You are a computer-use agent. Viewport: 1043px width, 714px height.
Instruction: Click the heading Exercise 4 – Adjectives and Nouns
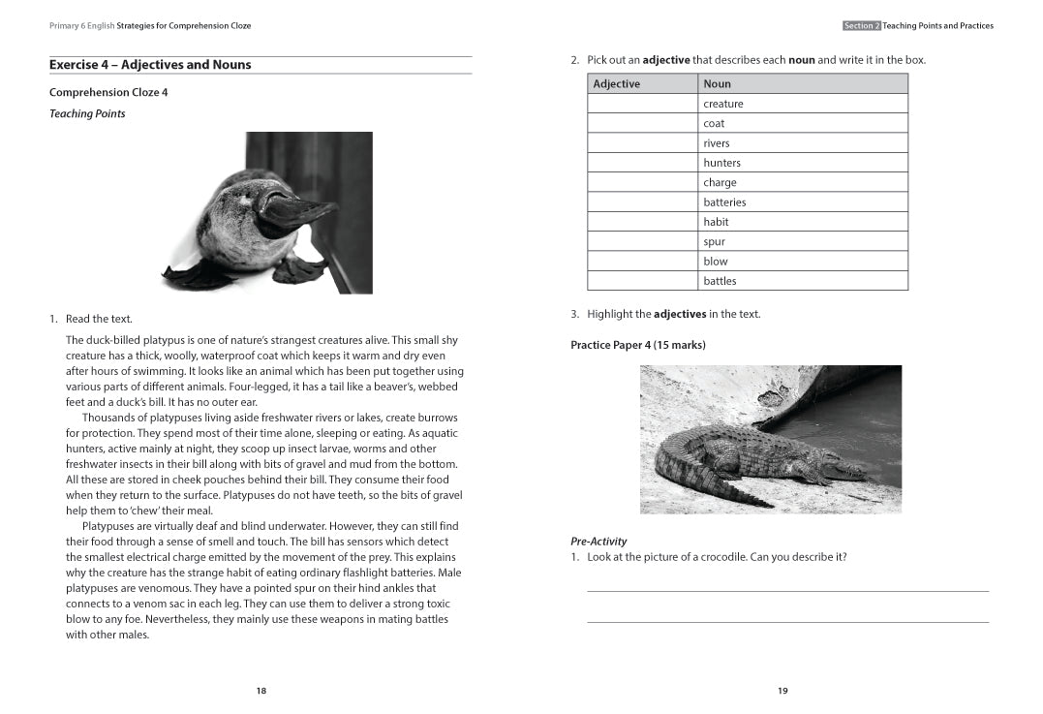(150, 65)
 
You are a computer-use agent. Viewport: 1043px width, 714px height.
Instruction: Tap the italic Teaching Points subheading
(87, 114)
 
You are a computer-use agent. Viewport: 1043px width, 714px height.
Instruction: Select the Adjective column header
(617, 84)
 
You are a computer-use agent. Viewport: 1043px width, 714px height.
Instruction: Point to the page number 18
(261, 691)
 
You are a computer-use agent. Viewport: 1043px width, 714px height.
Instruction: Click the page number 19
(782, 691)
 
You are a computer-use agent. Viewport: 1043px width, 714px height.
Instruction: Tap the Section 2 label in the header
(861, 26)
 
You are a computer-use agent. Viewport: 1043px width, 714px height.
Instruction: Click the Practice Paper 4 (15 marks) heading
(637, 345)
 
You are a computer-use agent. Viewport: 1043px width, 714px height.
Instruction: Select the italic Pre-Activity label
(598, 542)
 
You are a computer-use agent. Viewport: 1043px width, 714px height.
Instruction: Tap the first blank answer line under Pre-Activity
(787, 590)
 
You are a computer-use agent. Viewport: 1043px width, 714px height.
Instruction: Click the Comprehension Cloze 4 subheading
(108, 93)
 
